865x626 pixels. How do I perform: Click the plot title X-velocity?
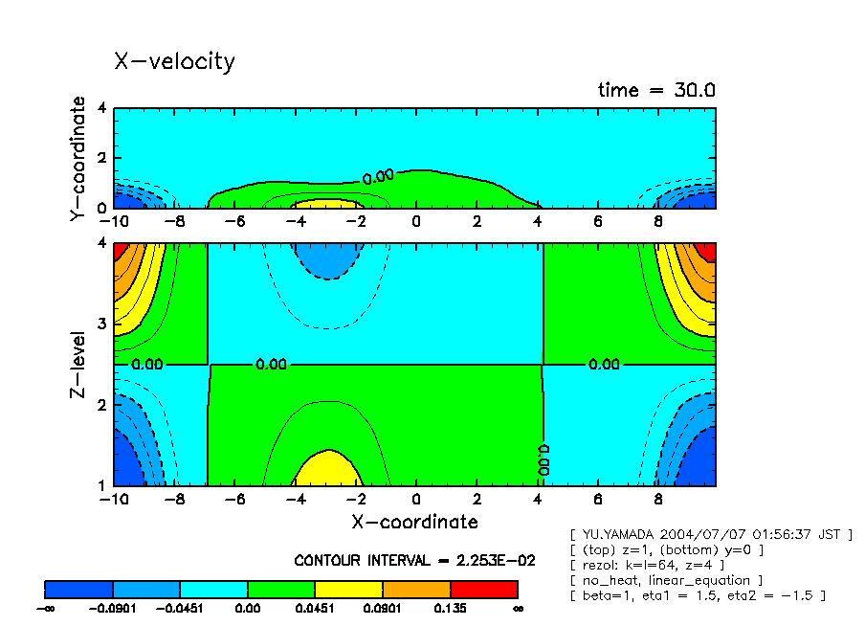(174, 61)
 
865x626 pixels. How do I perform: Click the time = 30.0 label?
(656, 90)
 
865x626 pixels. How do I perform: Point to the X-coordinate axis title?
(414, 522)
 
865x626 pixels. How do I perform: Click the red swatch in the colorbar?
(483, 589)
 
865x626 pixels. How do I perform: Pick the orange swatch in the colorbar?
(416, 589)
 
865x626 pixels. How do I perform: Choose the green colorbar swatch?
(281, 589)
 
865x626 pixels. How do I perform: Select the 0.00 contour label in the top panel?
(378, 176)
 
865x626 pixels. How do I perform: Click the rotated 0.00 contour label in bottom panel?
(543, 459)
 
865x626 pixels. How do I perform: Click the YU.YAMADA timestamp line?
(710, 534)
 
